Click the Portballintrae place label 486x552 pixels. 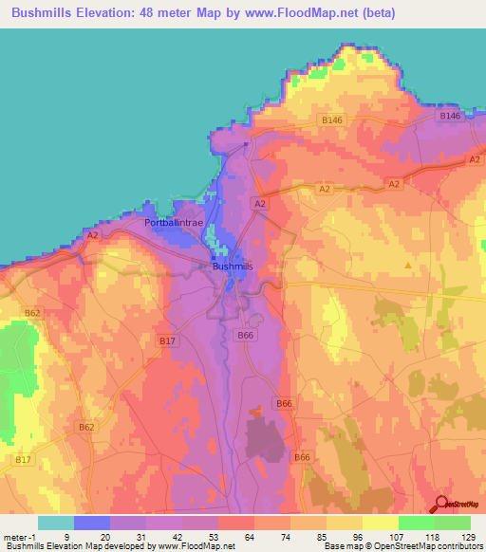(x=174, y=222)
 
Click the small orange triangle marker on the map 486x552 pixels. (x=409, y=266)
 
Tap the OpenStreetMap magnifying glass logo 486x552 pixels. (x=439, y=505)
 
